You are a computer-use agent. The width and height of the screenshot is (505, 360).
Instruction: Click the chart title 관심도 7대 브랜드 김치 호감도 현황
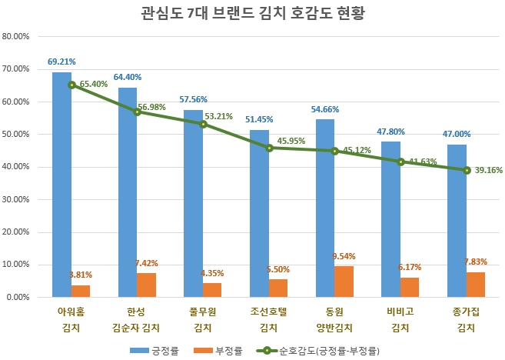pyautogui.click(x=252, y=14)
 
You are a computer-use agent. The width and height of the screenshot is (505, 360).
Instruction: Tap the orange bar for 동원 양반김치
pyautogui.click(x=344, y=282)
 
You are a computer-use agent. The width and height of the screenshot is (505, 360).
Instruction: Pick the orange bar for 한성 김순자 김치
pyautogui.click(x=147, y=285)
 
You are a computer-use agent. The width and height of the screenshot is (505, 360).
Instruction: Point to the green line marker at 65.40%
pyautogui.click(x=71, y=85)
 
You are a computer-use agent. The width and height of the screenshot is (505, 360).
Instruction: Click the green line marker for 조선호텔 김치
pyautogui.click(x=269, y=148)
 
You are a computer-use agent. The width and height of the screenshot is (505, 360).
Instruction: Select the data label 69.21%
pyautogui.click(x=61, y=61)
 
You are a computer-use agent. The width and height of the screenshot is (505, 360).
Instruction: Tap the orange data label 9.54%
pyautogui.click(x=344, y=256)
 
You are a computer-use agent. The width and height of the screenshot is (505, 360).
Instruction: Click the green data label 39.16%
pyautogui.click(x=487, y=170)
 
